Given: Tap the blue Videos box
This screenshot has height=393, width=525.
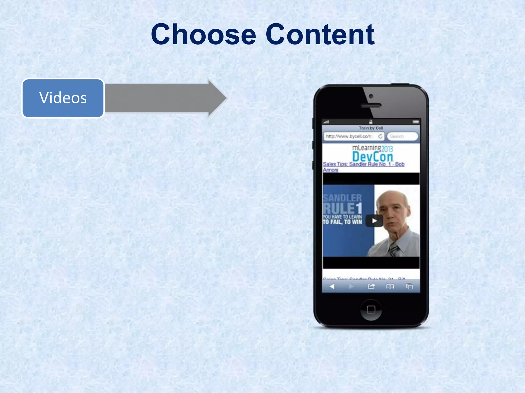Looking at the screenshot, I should pyautogui.click(x=63, y=98).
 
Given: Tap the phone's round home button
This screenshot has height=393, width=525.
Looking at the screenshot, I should pyautogui.click(x=371, y=310).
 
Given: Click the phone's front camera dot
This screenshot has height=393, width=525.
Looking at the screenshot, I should pyautogui.click(x=371, y=96).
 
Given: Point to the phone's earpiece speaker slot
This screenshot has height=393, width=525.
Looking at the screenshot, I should pyautogui.click(x=371, y=105).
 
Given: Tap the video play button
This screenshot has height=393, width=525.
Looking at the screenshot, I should pyautogui.click(x=374, y=221).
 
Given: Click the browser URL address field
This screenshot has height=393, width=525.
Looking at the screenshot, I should pyautogui.click(x=350, y=136).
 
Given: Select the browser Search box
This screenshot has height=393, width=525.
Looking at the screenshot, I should pyautogui.click(x=402, y=136).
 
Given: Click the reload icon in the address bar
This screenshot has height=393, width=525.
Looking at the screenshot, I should pyautogui.click(x=380, y=136).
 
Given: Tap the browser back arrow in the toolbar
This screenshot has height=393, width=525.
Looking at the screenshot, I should pyautogui.click(x=332, y=286).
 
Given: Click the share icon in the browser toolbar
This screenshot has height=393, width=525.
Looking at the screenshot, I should pyautogui.click(x=371, y=286).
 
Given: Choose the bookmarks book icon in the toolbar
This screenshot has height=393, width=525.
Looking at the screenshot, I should pyautogui.click(x=390, y=286).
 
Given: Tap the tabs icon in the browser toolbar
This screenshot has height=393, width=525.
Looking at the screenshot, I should pyautogui.click(x=409, y=286).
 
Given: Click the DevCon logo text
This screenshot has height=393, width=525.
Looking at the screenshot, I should pyautogui.click(x=372, y=157).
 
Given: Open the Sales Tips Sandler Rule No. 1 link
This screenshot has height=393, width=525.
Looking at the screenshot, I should pyautogui.click(x=364, y=164).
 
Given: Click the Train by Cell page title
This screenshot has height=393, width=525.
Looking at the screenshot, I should pyautogui.click(x=371, y=128).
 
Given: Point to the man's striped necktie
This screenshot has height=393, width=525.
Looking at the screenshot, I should pyautogui.click(x=393, y=249).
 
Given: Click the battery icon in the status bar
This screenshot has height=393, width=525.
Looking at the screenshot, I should pyautogui.click(x=416, y=122).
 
